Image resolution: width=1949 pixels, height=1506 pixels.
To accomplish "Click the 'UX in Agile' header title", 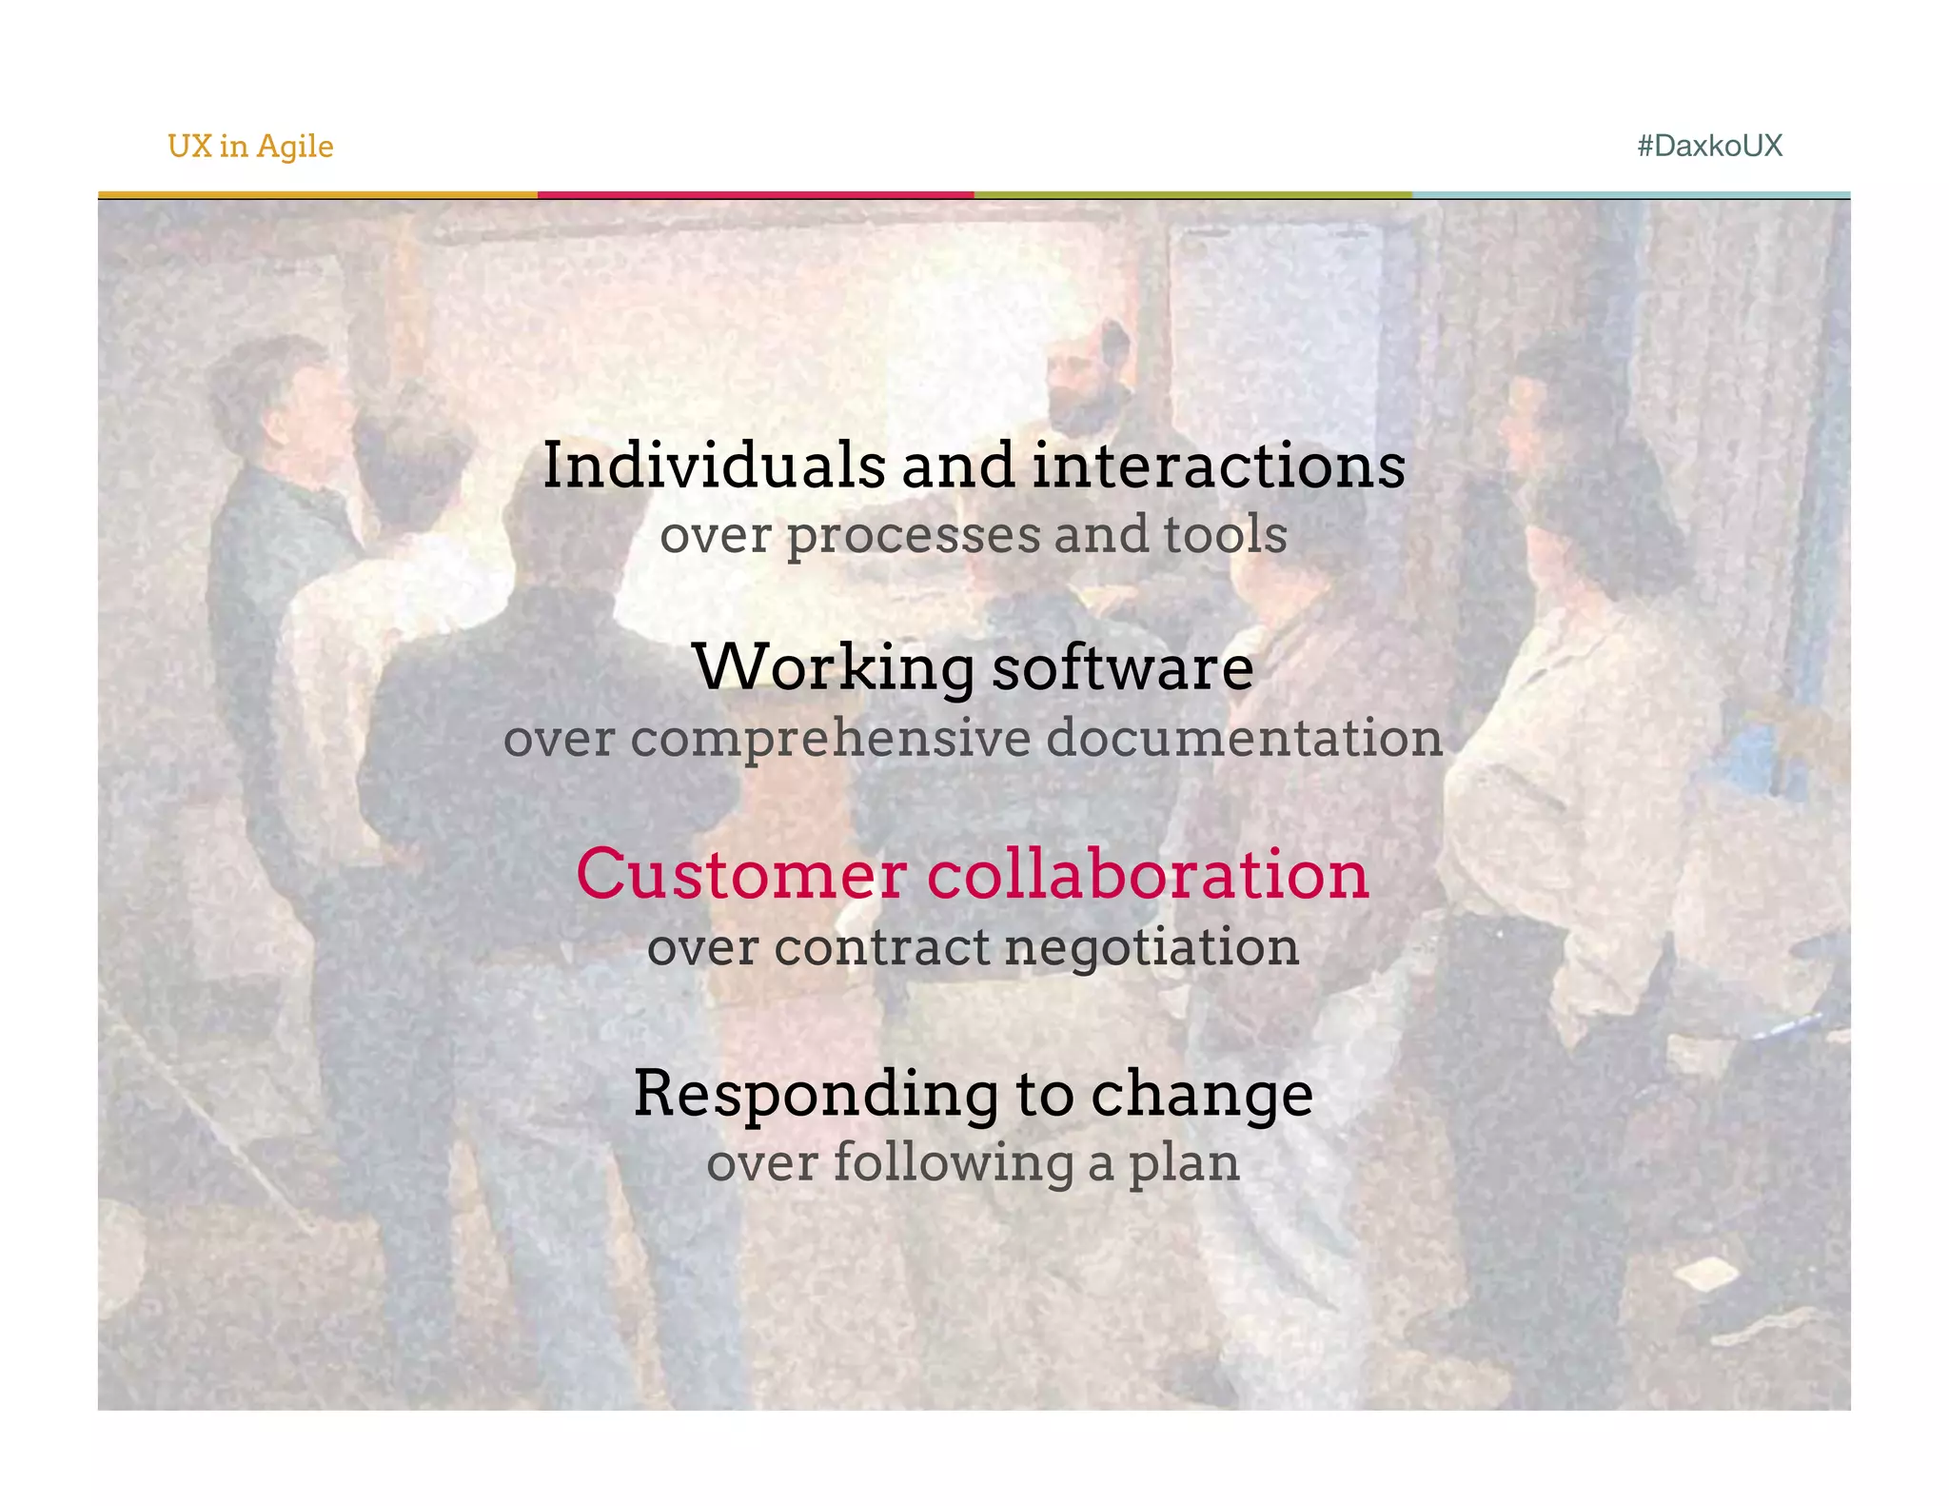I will (250, 147).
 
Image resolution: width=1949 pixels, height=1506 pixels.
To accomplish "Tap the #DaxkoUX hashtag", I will (1709, 146).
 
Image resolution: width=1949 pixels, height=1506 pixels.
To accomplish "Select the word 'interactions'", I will (1218, 466).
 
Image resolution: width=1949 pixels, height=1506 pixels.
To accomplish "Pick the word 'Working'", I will (834, 668).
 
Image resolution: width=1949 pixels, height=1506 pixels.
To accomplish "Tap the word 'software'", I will (1123, 668).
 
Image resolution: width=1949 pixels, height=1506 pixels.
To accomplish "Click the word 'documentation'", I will (1245, 739).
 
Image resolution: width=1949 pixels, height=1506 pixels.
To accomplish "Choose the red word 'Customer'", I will (741, 875).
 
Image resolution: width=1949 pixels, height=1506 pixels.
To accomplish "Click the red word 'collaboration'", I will (1148, 875).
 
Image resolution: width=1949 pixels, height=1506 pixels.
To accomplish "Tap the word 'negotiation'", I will (1152, 948).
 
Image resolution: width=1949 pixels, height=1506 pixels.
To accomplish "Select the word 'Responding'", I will (816, 1095).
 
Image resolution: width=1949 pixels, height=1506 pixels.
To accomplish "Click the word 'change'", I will (1202, 1095).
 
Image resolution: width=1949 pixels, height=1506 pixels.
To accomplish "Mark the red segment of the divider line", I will (756, 195).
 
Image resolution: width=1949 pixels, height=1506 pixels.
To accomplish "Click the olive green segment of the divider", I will (1192, 195).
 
